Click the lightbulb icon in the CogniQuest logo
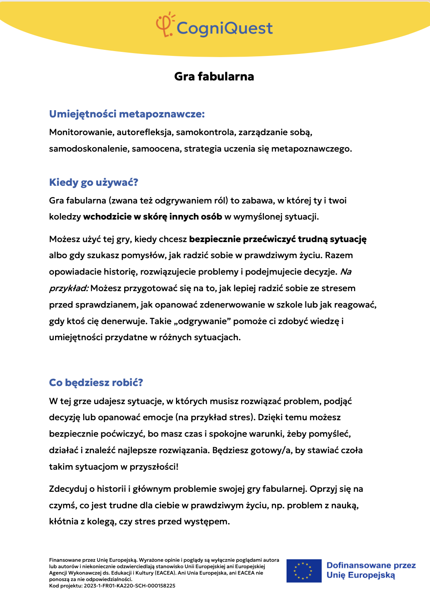click(x=165, y=24)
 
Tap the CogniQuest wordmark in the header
click(x=224, y=28)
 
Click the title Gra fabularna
click(x=214, y=76)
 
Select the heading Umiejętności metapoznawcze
click(x=127, y=114)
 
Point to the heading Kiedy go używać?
click(x=94, y=183)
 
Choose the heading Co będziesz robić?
click(x=96, y=382)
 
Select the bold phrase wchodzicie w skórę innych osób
click(x=153, y=217)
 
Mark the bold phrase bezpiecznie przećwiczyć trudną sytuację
click(x=278, y=239)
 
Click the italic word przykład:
click(x=69, y=288)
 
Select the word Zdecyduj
click(x=68, y=489)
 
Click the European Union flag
click(x=304, y=571)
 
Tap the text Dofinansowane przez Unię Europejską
click(x=371, y=570)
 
